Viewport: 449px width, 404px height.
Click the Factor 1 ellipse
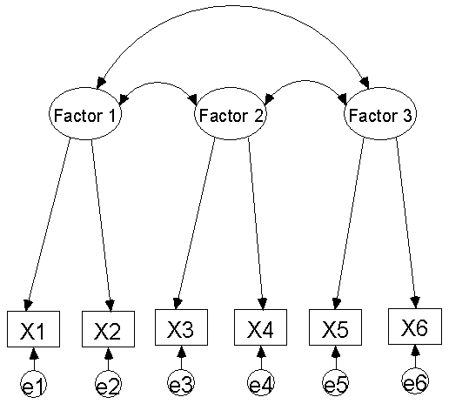pyautogui.click(x=85, y=113)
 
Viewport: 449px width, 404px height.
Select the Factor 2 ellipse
pyautogui.click(x=231, y=113)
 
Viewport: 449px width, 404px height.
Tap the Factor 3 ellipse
pyautogui.click(x=380, y=113)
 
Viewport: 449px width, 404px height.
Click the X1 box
pyautogui.click(x=33, y=329)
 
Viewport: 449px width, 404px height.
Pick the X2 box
pyautogui.click(x=108, y=329)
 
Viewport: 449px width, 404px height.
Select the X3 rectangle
pyautogui.click(x=181, y=327)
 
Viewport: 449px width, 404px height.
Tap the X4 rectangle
pyautogui.click(x=260, y=327)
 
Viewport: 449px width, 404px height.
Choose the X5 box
pyautogui.click(x=335, y=327)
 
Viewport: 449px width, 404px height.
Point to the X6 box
pyautogui.click(x=415, y=327)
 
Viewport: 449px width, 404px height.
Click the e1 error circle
pyautogui.click(x=34, y=384)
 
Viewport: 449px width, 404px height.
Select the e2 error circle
pyautogui.click(x=108, y=384)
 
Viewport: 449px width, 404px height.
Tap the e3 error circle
pyautogui.click(x=181, y=382)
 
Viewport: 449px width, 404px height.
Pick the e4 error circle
pyautogui.click(x=261, y=382)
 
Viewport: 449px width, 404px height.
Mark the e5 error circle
pyautogui.click(x=336, y=382)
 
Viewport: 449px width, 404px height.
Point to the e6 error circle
pyautogui.click(x=415, y=381)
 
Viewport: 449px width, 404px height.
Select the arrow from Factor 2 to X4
pyautogui.click(x=256, y=224)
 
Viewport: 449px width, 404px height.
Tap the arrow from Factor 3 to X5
pyautogui.click(x=349, y=224)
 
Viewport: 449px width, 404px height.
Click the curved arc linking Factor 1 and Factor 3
pyautogui.click(x=232, y=6)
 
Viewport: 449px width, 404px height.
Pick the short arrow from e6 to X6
pyautogui.click(x=415, y=356)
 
